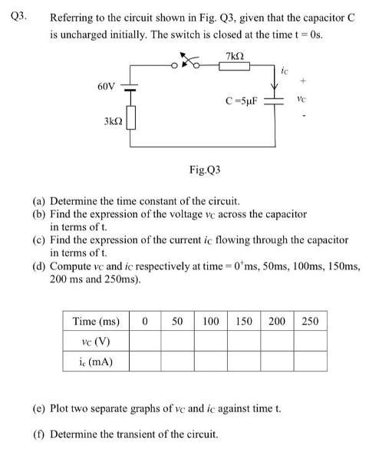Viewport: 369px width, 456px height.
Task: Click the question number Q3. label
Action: (18, 17)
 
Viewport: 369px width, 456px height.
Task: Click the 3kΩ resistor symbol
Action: (132, 118)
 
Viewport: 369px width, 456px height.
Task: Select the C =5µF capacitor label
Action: (245, 101)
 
